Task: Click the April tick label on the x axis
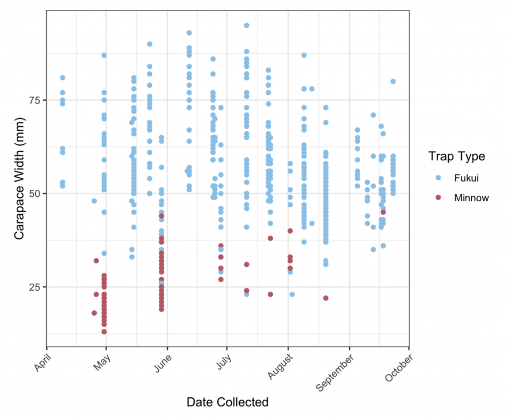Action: click(44, 360)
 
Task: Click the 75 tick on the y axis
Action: click(34, 100)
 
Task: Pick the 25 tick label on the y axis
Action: click(34, 287)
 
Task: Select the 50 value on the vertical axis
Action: click(34, 193)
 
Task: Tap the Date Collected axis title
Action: click(227, 402)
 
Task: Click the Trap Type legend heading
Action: click(457, 156)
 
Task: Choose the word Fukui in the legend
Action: click(465, 177)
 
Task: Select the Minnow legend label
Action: click(471, 198)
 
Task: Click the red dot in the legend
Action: click(438, 198)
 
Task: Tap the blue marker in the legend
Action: click(438, 177)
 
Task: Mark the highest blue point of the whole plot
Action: click(246, 25)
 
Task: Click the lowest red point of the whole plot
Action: click(104, 332)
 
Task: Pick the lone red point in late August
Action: click(326, 298)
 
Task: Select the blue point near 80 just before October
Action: click(393, 81)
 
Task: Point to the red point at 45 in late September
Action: click(383, 212)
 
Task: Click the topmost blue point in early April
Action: click(63, 78)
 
